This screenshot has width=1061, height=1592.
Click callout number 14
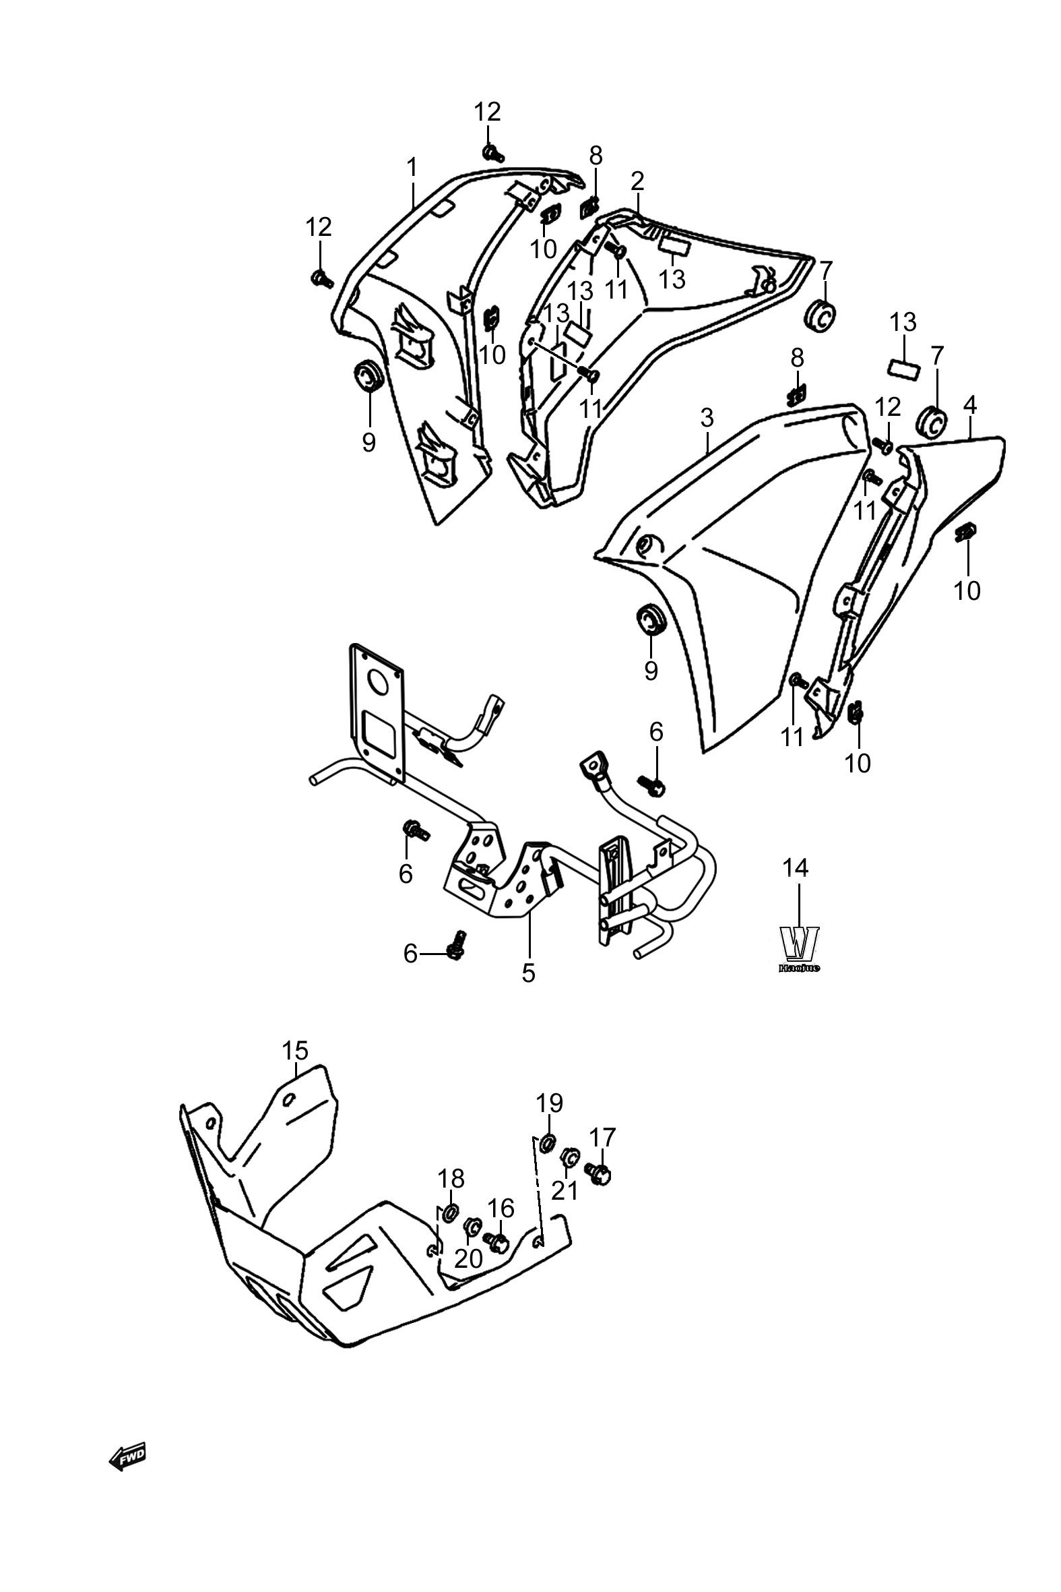coord(796,867)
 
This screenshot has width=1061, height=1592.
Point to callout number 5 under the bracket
coord(528,973)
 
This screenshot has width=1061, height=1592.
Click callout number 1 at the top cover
coord(412,167)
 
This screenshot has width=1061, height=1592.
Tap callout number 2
coord(637,181)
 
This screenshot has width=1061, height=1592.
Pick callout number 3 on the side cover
coord(707,418)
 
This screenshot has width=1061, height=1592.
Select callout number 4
coord(969,405)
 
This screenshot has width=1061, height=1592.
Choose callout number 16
coord(501,1208)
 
